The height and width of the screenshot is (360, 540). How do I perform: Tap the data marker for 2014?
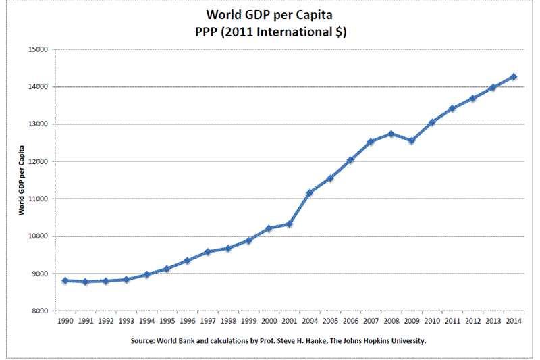point(514,77)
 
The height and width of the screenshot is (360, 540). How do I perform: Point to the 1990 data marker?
point(65,280)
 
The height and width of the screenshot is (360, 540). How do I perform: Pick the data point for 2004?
point(310,193)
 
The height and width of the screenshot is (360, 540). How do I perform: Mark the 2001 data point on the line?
point(290,224)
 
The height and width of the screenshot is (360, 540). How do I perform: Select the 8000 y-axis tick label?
point(38,311)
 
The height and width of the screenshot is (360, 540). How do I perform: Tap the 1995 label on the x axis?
point(167,322)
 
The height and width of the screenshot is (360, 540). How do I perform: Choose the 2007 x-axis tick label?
point(371,322)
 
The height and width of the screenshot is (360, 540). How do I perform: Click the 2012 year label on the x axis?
point(473,322)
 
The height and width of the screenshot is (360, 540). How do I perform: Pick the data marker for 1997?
point(208,251)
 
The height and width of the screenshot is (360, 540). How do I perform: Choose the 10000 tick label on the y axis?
point(36,236)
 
